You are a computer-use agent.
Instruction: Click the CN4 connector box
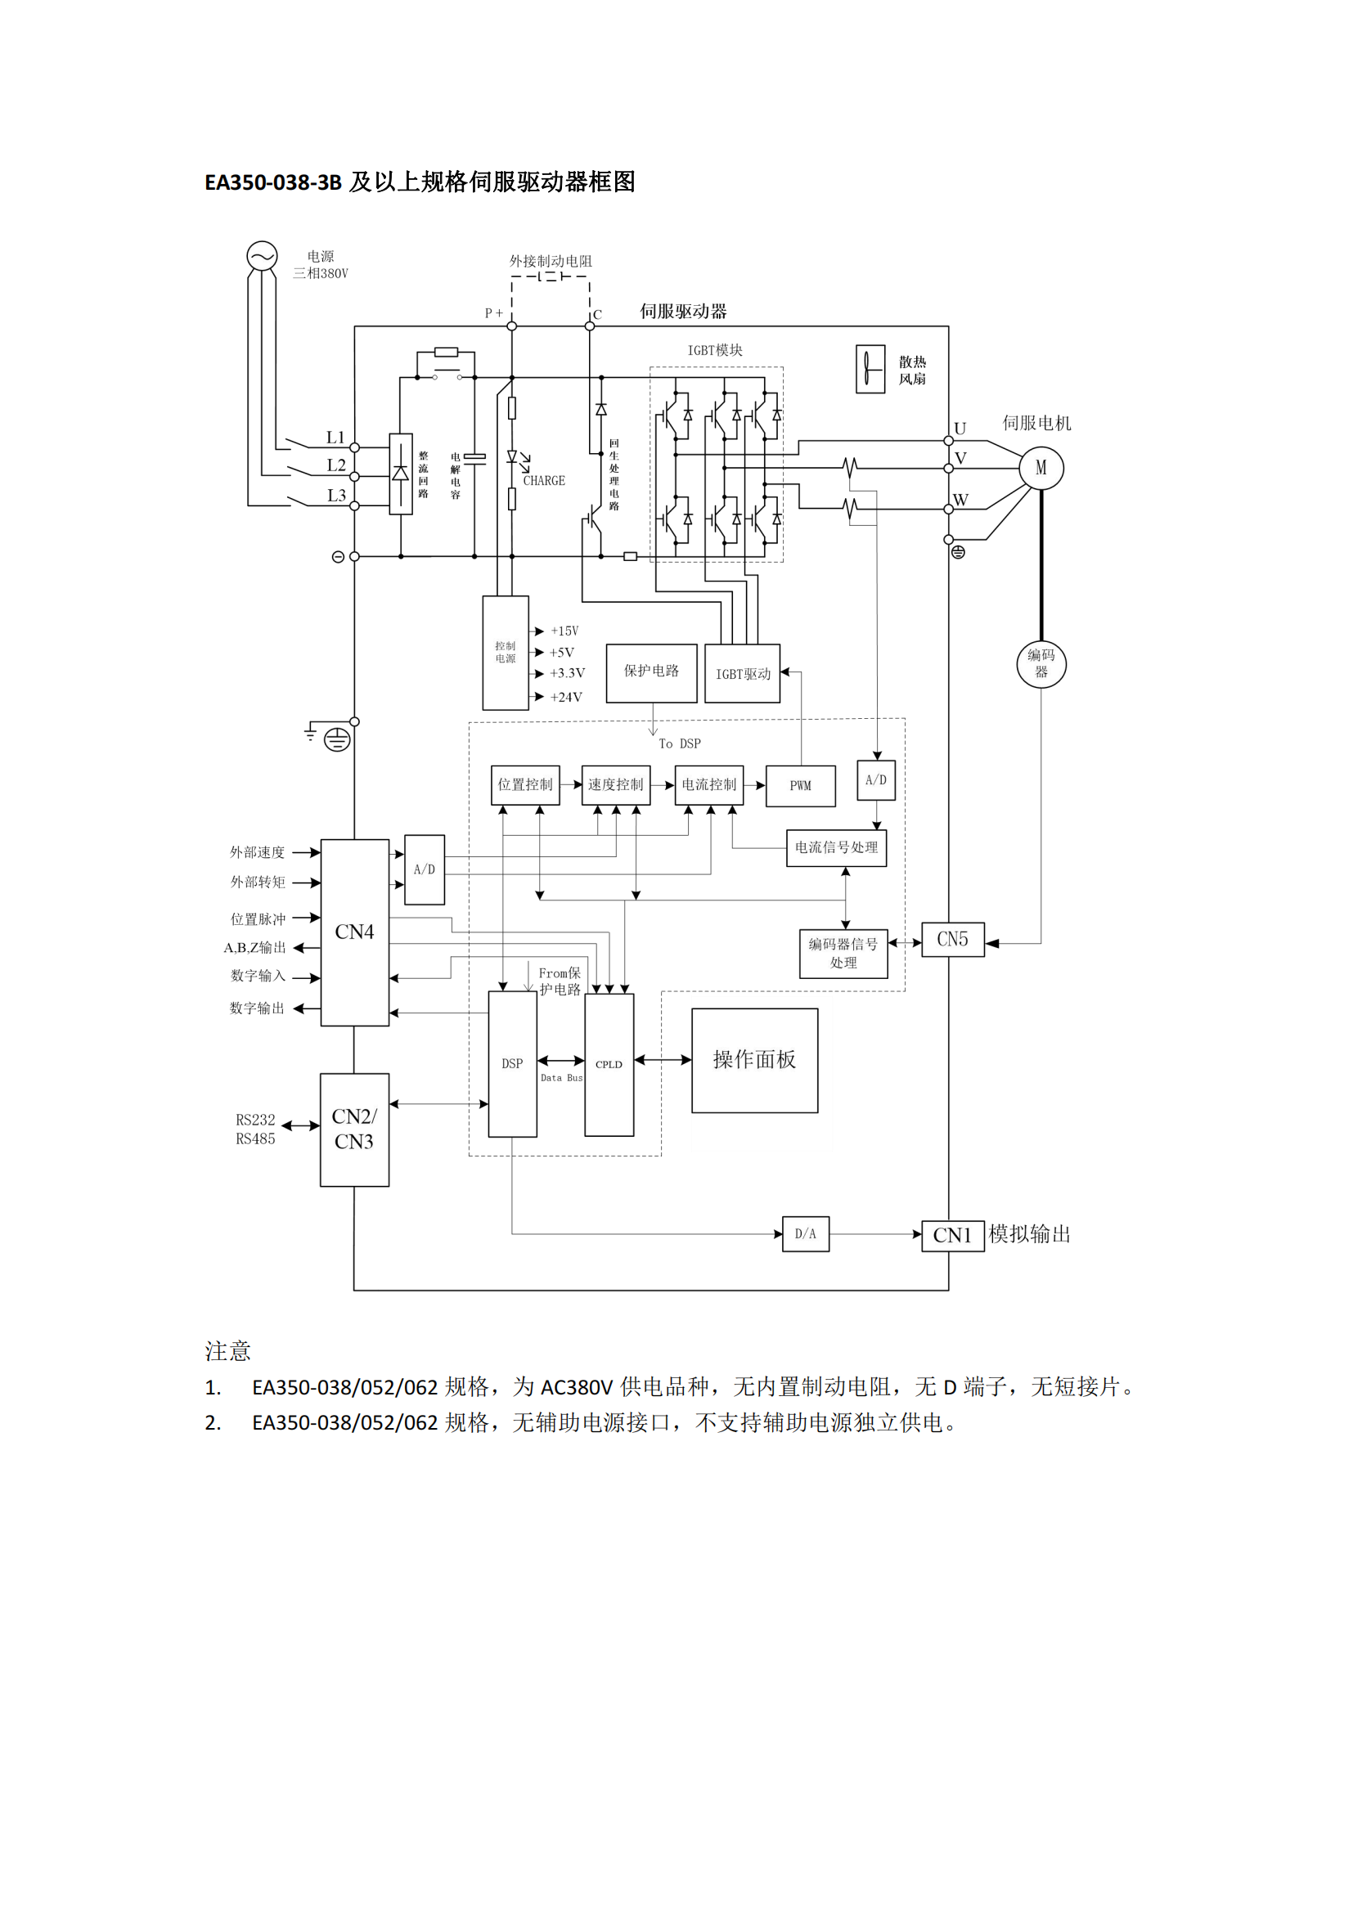pos(354,932)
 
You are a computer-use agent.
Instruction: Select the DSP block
pos(511,1064)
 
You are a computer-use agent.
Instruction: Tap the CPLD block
pos(609,1064)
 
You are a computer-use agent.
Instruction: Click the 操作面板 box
pos(754,1060)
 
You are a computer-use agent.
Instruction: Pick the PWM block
pos(800,786)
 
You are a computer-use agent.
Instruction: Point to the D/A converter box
pos(805,1234)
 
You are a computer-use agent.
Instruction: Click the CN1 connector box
pos(952,1235)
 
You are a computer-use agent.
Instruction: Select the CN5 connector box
pos(952,940)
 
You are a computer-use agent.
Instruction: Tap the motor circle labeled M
pos(1041,469)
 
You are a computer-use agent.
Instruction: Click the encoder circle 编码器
pos(1041,663)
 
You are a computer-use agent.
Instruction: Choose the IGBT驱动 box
pos(742,673)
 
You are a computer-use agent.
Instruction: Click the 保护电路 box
pos(650,671)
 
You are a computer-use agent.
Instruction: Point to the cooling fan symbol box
pos(870,369)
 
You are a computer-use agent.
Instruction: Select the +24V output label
pos(566,698)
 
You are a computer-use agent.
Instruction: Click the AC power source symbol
pos(262,256)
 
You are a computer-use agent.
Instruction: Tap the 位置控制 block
pos(525,785)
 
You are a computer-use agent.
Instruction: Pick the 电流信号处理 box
pos(836,848)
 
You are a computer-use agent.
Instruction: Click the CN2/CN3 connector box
pos(354,1129)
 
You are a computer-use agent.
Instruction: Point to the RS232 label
pos(255,1120)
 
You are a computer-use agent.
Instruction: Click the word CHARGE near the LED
pos(544,481)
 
